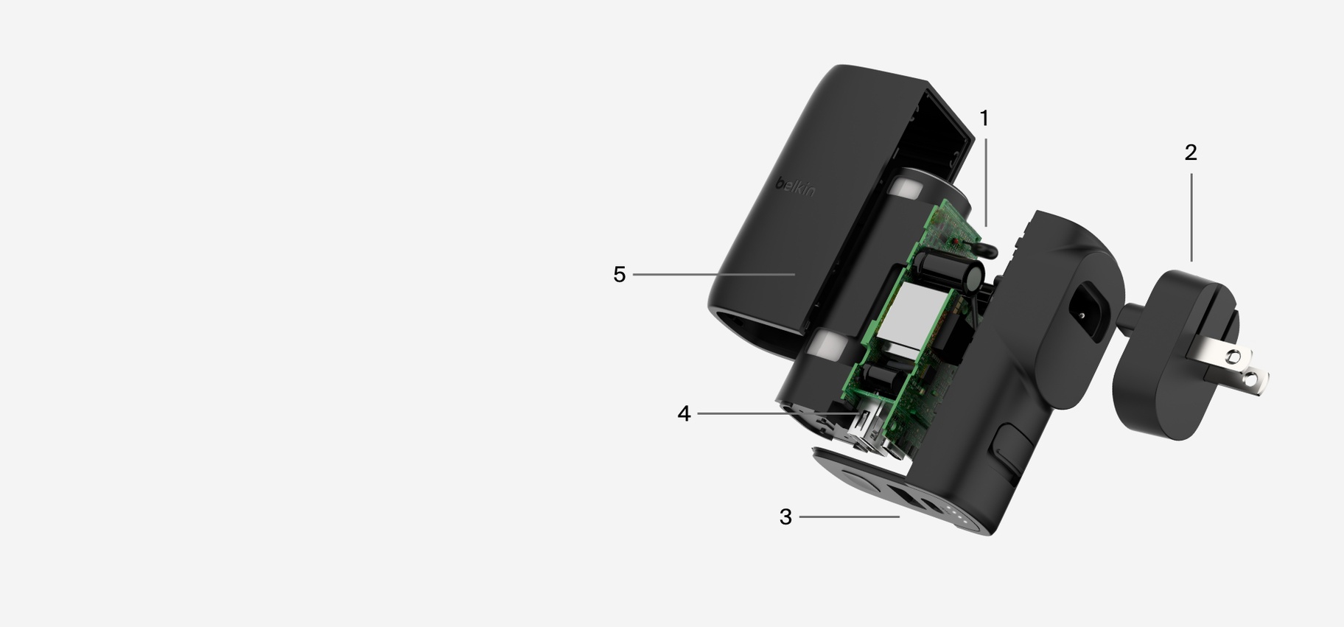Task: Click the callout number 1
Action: [x=984, y=118]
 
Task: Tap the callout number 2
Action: [x=1191, y=153]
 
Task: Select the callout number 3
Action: [x=785, y=517]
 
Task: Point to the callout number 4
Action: [x=684, y=414]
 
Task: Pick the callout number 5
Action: [x=619, y=275]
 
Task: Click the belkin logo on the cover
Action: [x=795, y=186]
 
